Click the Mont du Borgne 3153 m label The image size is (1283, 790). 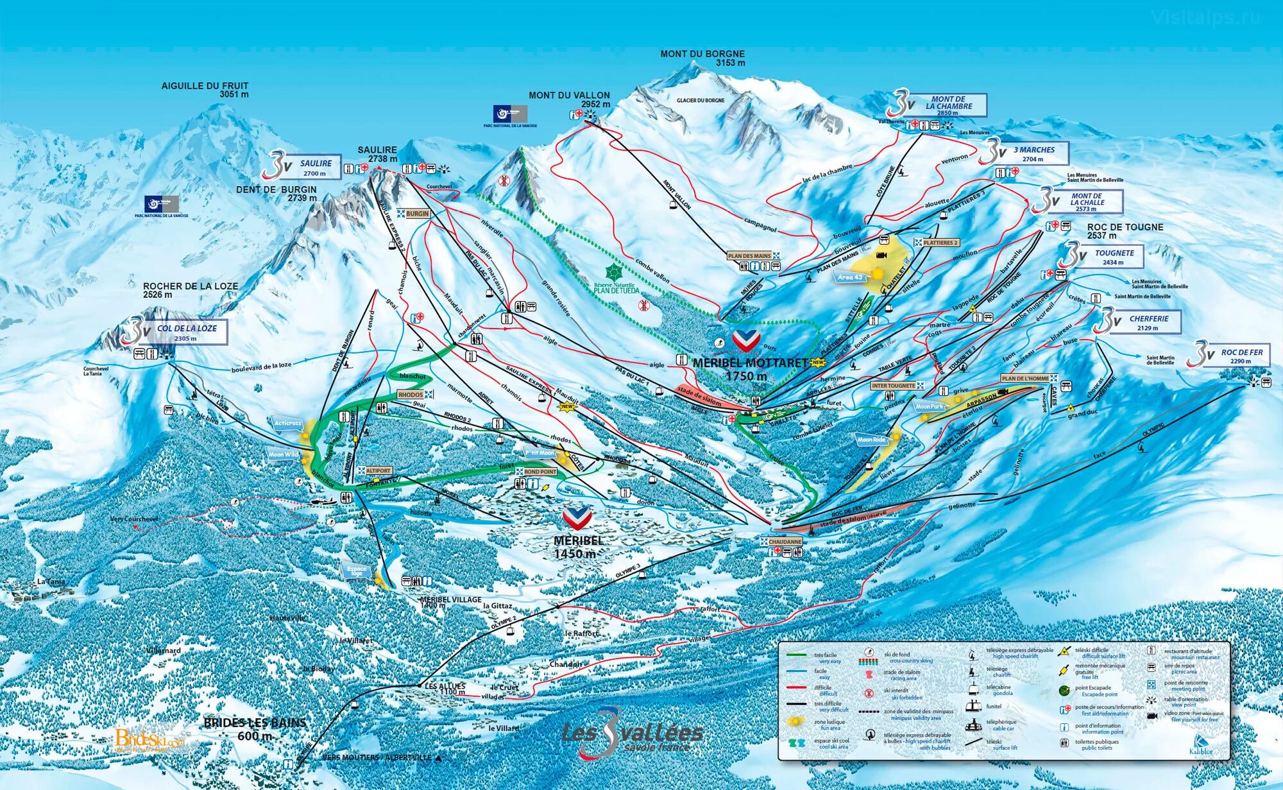pos(702,58)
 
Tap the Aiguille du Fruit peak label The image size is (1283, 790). pos(205,90)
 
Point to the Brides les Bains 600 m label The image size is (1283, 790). pos(255,729)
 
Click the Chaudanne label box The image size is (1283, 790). pos(785,542)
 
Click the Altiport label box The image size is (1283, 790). pos(378,471)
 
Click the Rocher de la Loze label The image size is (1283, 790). pos(190,290)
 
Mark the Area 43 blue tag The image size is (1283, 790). pos(851,277)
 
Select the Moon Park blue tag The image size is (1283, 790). pos(930,406)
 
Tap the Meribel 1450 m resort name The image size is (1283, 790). pos(578,547)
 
